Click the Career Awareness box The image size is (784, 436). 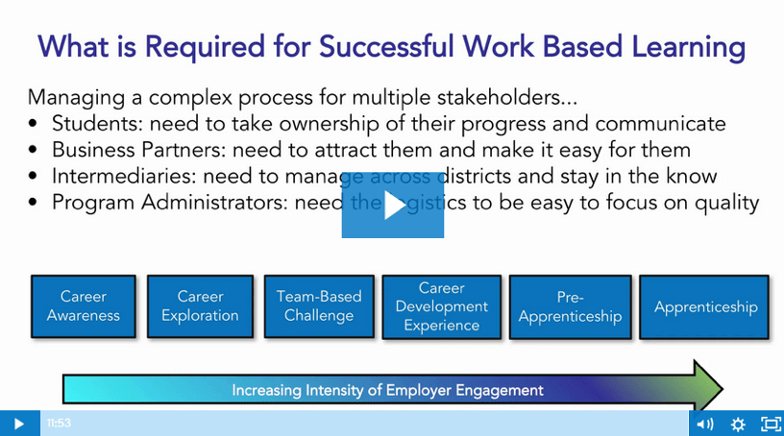(x=84, y=306)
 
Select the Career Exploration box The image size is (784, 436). (x=200, y=306)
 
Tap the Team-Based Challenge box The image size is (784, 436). (x=319, y=306)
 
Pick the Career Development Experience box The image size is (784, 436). (x=441, y=306)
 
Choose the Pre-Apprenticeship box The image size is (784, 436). (x=570, y=306)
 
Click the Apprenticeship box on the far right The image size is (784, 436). (x=705, y=307)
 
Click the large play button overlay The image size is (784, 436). (x=393, y=205)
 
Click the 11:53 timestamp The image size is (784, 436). (x=59, y=424)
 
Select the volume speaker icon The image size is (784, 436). (x=704, y=424)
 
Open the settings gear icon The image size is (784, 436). (x=738, y=424)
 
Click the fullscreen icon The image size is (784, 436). (x=771, y=424)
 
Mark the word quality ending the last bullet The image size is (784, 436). (x=728, y=203)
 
